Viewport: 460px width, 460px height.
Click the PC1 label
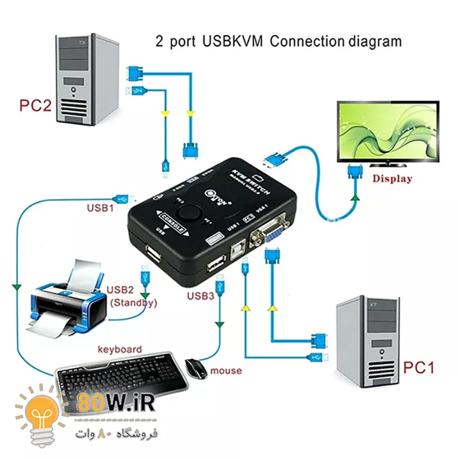(x=419, y=367)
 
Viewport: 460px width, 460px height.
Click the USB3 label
(x=200, y=296)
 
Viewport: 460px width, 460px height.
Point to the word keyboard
(x=120, y=349)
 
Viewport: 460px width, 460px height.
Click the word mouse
(x=226, y=371)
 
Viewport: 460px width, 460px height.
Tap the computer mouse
(x=196, y=367)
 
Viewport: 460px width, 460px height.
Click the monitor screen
(x=389, y=130)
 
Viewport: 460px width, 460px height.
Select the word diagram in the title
(x=374, y=41)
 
